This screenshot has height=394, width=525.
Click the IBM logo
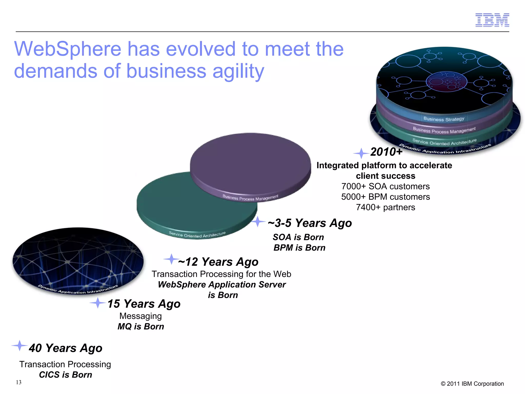tap(492, 20)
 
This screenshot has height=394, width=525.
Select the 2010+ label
tap(386, 152)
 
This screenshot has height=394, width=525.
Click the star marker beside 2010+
tap(361, 153)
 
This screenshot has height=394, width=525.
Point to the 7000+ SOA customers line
tap(385, 186)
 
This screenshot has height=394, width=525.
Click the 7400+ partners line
tap(385, 207)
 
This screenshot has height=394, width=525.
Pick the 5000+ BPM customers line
tap(385, 197)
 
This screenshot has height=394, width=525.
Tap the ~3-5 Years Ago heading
tap(310, 223)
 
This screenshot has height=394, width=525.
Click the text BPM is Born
tap(299, 248)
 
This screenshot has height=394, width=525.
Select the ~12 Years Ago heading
tap(218, 262)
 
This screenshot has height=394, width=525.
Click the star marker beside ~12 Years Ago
tap(171, 259)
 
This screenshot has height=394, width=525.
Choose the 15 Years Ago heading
tap(144, 304)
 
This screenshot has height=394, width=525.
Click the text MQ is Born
tap(141, 326)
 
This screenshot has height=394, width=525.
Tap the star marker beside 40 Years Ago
tap(19, 346)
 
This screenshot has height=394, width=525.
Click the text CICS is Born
tap(65, 375)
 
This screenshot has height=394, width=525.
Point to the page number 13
tap(18, 382)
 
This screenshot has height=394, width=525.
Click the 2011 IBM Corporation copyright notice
tap(472, 384)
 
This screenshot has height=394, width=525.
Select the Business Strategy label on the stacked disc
tap(444, 119)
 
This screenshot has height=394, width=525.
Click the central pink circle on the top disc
tap(446, 82)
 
